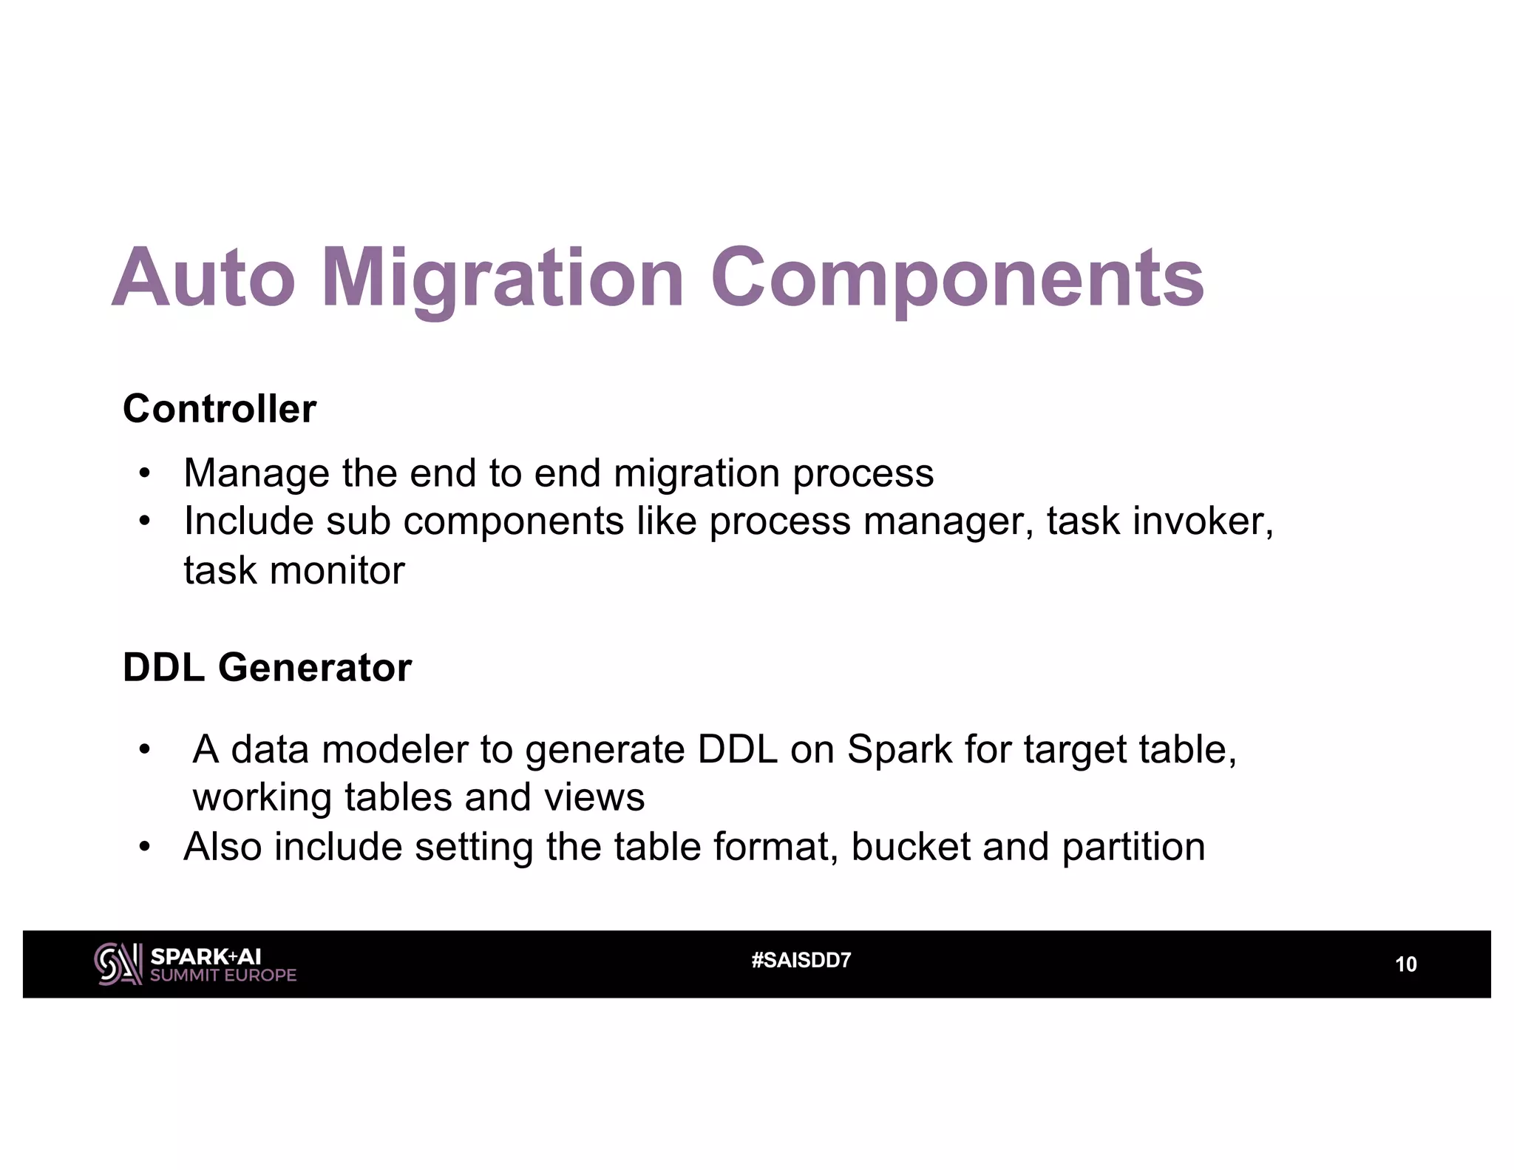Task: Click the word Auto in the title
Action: point(203,278)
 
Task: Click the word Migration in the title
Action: point(502,278)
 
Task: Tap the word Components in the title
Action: point(957,278)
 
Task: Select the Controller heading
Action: point(220,409)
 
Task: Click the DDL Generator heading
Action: point(267,668)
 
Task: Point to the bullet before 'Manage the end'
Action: point(144,473)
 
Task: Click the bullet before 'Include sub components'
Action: point(144,521)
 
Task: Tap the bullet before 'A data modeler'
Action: point(144,750)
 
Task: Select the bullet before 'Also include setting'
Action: point(144,848)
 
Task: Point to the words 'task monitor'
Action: point(294,571)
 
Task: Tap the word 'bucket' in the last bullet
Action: point(910,848)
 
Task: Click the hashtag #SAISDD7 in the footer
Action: point(801,961)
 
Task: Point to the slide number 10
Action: point(1405,964)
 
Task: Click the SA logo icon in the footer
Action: point(118,964)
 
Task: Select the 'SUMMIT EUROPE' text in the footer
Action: point(223,975)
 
